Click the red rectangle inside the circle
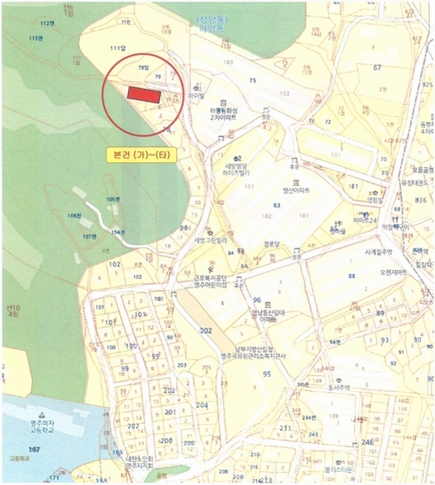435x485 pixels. click(143, 95)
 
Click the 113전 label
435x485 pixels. click(35, 38)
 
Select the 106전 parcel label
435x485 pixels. click(75, 216)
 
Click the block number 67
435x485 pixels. click(377, 68)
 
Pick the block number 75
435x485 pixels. click(253, 80)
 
